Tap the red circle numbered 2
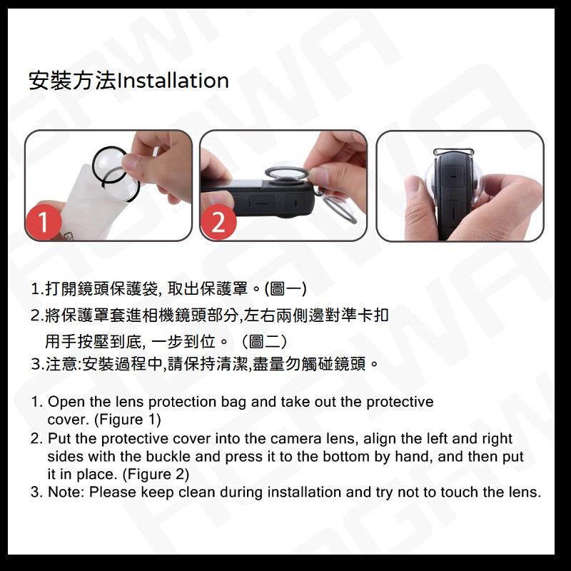219,223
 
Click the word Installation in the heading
172,81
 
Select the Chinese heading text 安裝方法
71,81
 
